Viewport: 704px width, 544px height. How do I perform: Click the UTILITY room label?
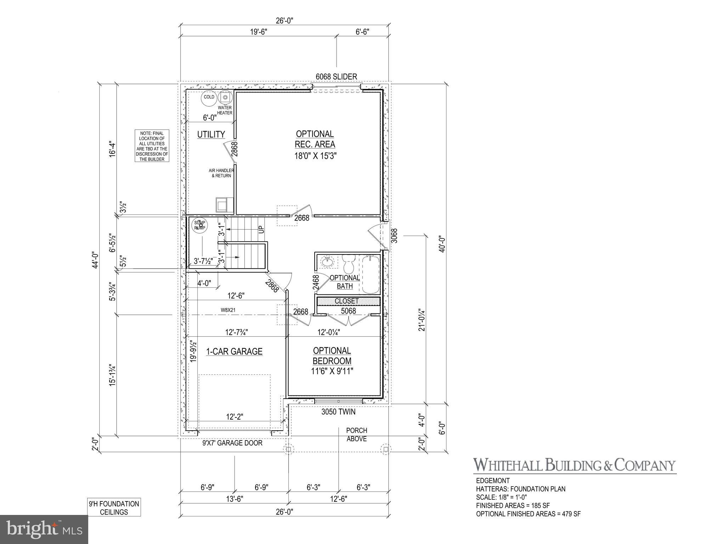point(211,134)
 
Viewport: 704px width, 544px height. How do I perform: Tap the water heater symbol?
point(225,97)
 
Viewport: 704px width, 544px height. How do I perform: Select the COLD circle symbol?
point(209,97)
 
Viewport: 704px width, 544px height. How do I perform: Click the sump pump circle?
point(200,225)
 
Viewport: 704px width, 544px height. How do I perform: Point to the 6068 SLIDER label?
point(336,77)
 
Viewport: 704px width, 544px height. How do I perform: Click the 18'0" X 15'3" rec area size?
point(315,156)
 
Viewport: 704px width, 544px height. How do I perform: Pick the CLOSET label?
point(347,301)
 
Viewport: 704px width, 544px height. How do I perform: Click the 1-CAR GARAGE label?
point(234,352)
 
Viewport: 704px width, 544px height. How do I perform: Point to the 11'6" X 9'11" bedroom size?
point(332,371)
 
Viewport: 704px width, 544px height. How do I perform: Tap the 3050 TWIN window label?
point(338,412)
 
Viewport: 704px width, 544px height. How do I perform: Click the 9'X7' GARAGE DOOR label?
point(232,443)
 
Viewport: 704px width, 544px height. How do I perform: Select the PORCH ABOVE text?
point(356,434)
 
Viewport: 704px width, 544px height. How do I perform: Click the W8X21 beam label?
point(228,310)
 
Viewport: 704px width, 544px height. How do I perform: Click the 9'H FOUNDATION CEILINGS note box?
point(114,507)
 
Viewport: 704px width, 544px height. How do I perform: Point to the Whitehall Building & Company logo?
point(575,465)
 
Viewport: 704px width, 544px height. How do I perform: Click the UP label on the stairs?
point(261,229)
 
